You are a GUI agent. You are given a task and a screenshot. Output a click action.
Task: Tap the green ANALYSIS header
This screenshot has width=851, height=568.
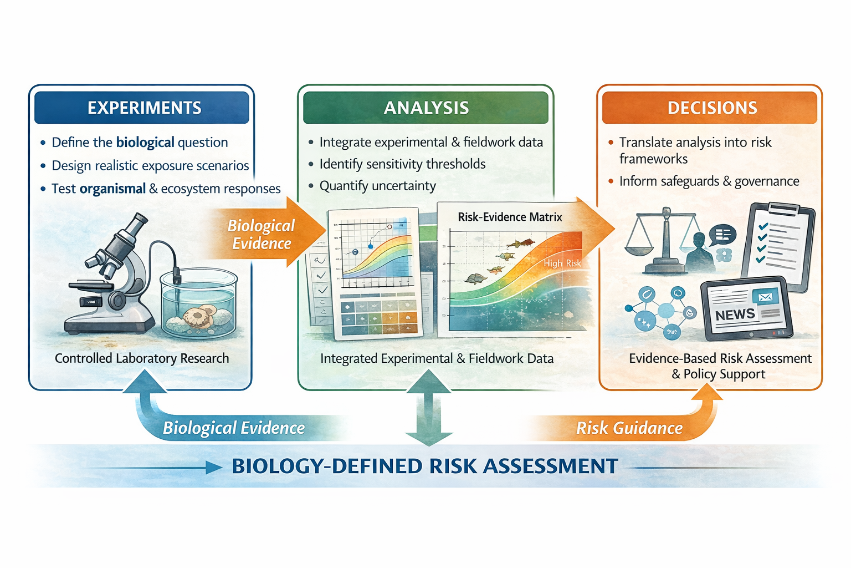425,108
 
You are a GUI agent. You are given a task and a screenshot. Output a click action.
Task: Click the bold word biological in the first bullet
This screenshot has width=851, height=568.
145,143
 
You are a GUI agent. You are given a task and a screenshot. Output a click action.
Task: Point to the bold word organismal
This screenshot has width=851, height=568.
112,189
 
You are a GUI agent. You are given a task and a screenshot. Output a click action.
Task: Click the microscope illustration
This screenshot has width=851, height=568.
114,277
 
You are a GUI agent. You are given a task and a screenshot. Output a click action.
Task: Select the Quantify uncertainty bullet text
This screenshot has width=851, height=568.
377,186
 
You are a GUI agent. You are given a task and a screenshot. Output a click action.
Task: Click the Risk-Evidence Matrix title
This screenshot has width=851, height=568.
510,217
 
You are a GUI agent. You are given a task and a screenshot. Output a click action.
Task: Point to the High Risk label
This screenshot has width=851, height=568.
562,263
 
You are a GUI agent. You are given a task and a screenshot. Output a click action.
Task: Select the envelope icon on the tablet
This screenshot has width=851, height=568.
765,297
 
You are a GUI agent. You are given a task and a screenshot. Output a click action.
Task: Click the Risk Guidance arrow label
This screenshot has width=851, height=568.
629,428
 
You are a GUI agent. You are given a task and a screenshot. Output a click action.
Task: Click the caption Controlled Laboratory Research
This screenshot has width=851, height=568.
142,358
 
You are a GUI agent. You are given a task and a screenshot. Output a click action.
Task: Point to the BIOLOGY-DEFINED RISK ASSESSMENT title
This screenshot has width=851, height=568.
424,466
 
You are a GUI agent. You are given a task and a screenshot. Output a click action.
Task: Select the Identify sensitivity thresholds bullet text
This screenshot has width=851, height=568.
402,164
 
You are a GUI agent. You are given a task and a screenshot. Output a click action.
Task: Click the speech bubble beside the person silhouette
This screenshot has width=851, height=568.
722,235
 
